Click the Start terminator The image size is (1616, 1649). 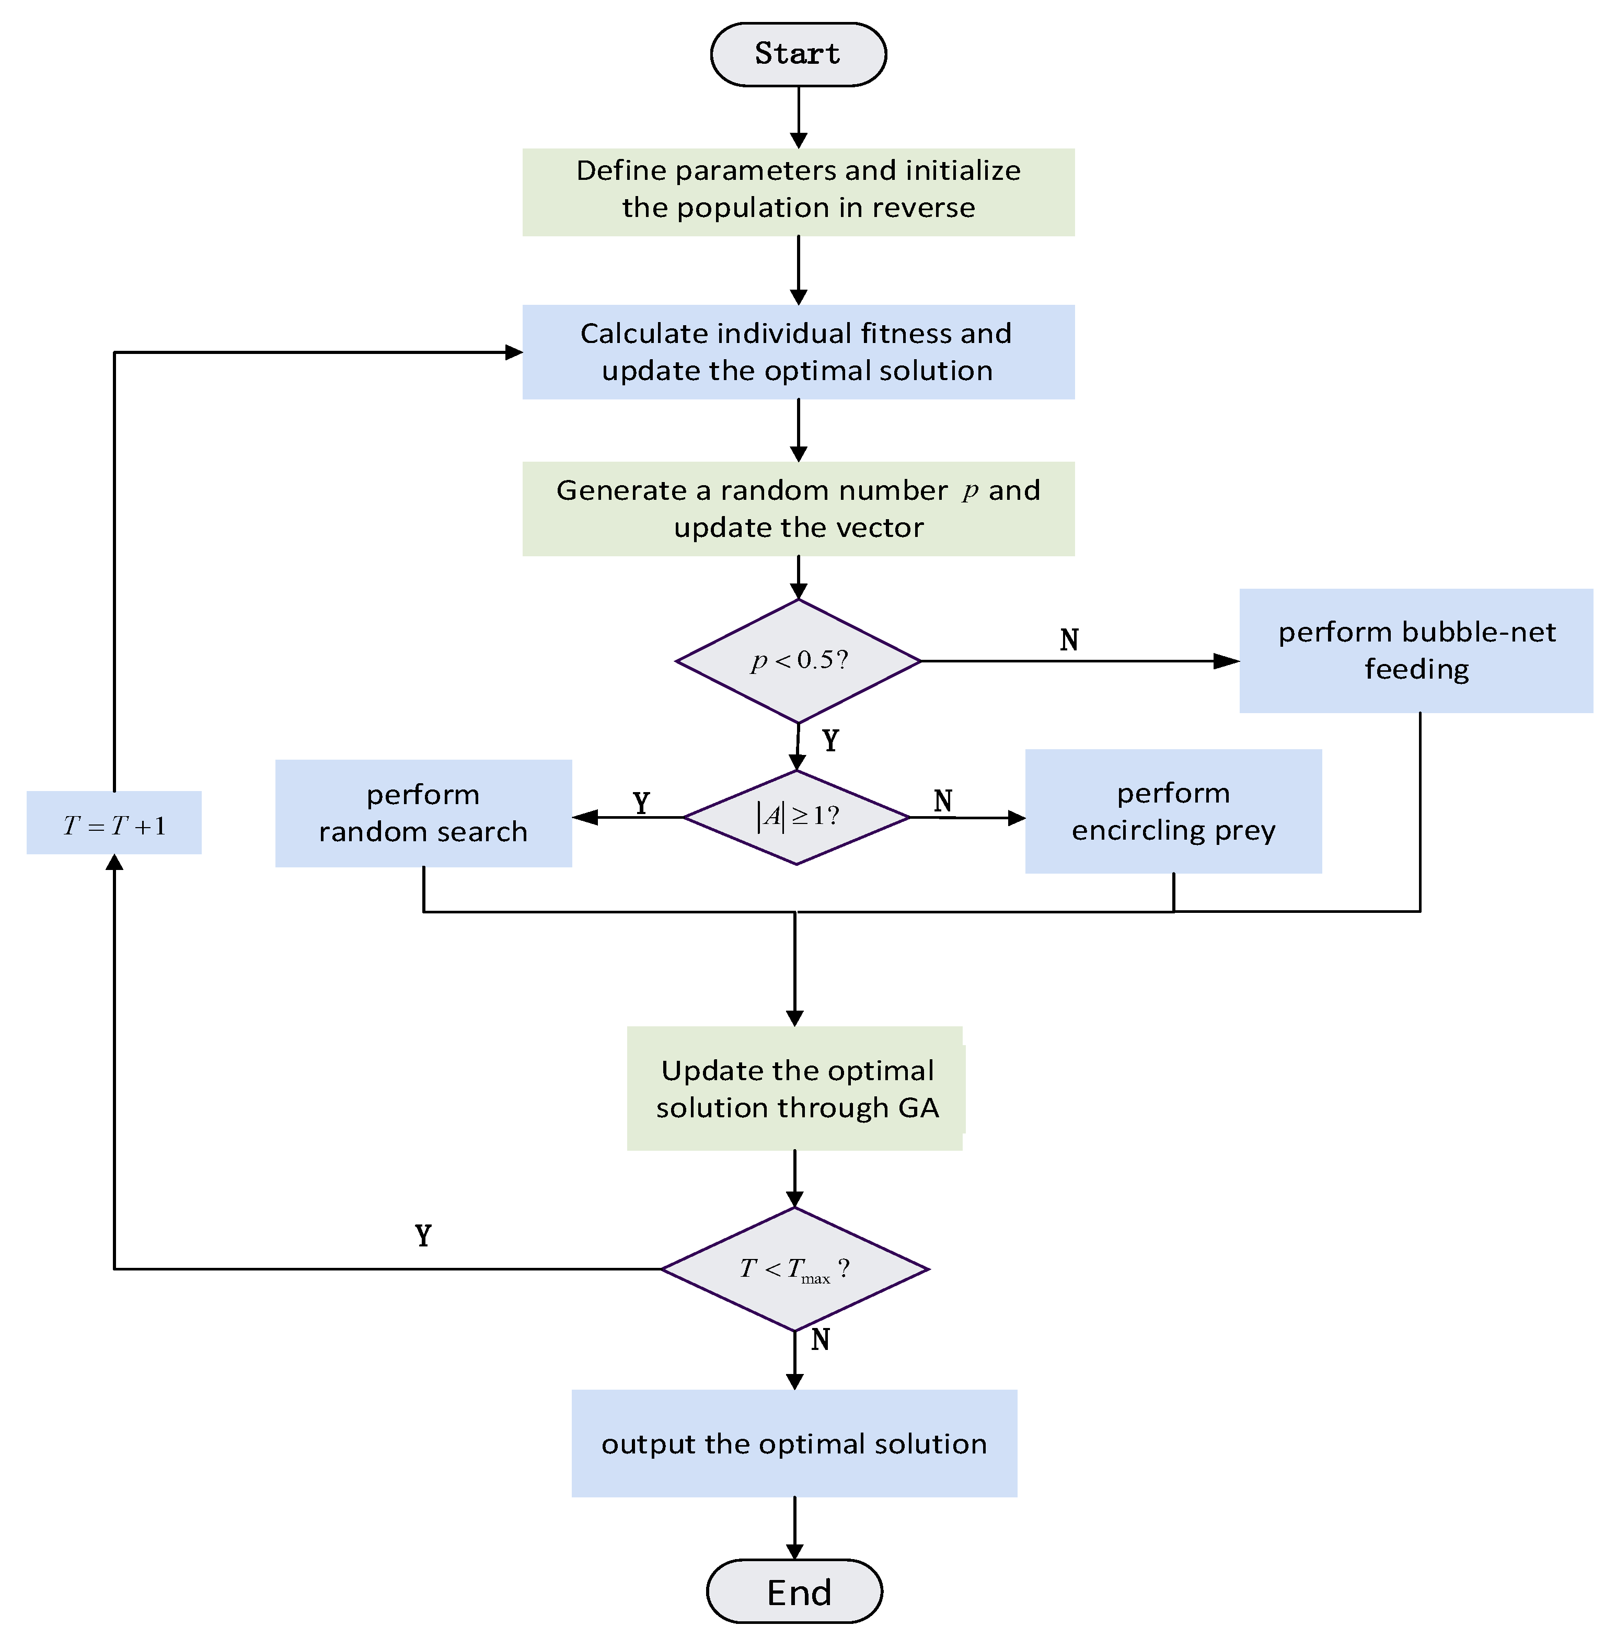pyautogui.click(x=798, y=54)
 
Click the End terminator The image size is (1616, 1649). pyautogui.click(x=794, y=1591)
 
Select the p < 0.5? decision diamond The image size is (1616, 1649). pyautogui.click(x=798, y=661)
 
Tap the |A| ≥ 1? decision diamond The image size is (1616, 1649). pyautogui.click(x=796, y=817)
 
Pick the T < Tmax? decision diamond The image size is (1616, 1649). pyautogui.click(x=794, y=1268)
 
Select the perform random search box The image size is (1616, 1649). pyautogui.click(x=423, y=812)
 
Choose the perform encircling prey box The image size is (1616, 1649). pyautogui.click(x=1173, y=811)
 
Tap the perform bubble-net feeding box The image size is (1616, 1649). pyautogui.click(x=1416, y=650)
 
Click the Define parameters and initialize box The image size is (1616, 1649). pyautogui.click(x=798, y=192)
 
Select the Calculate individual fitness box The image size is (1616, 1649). pyautogui.click(x=798, y=351)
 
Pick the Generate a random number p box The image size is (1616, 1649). pyautogui.click(x=798, y=509)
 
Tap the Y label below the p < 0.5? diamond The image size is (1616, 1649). pyautogui.click(x=830, y=740)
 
